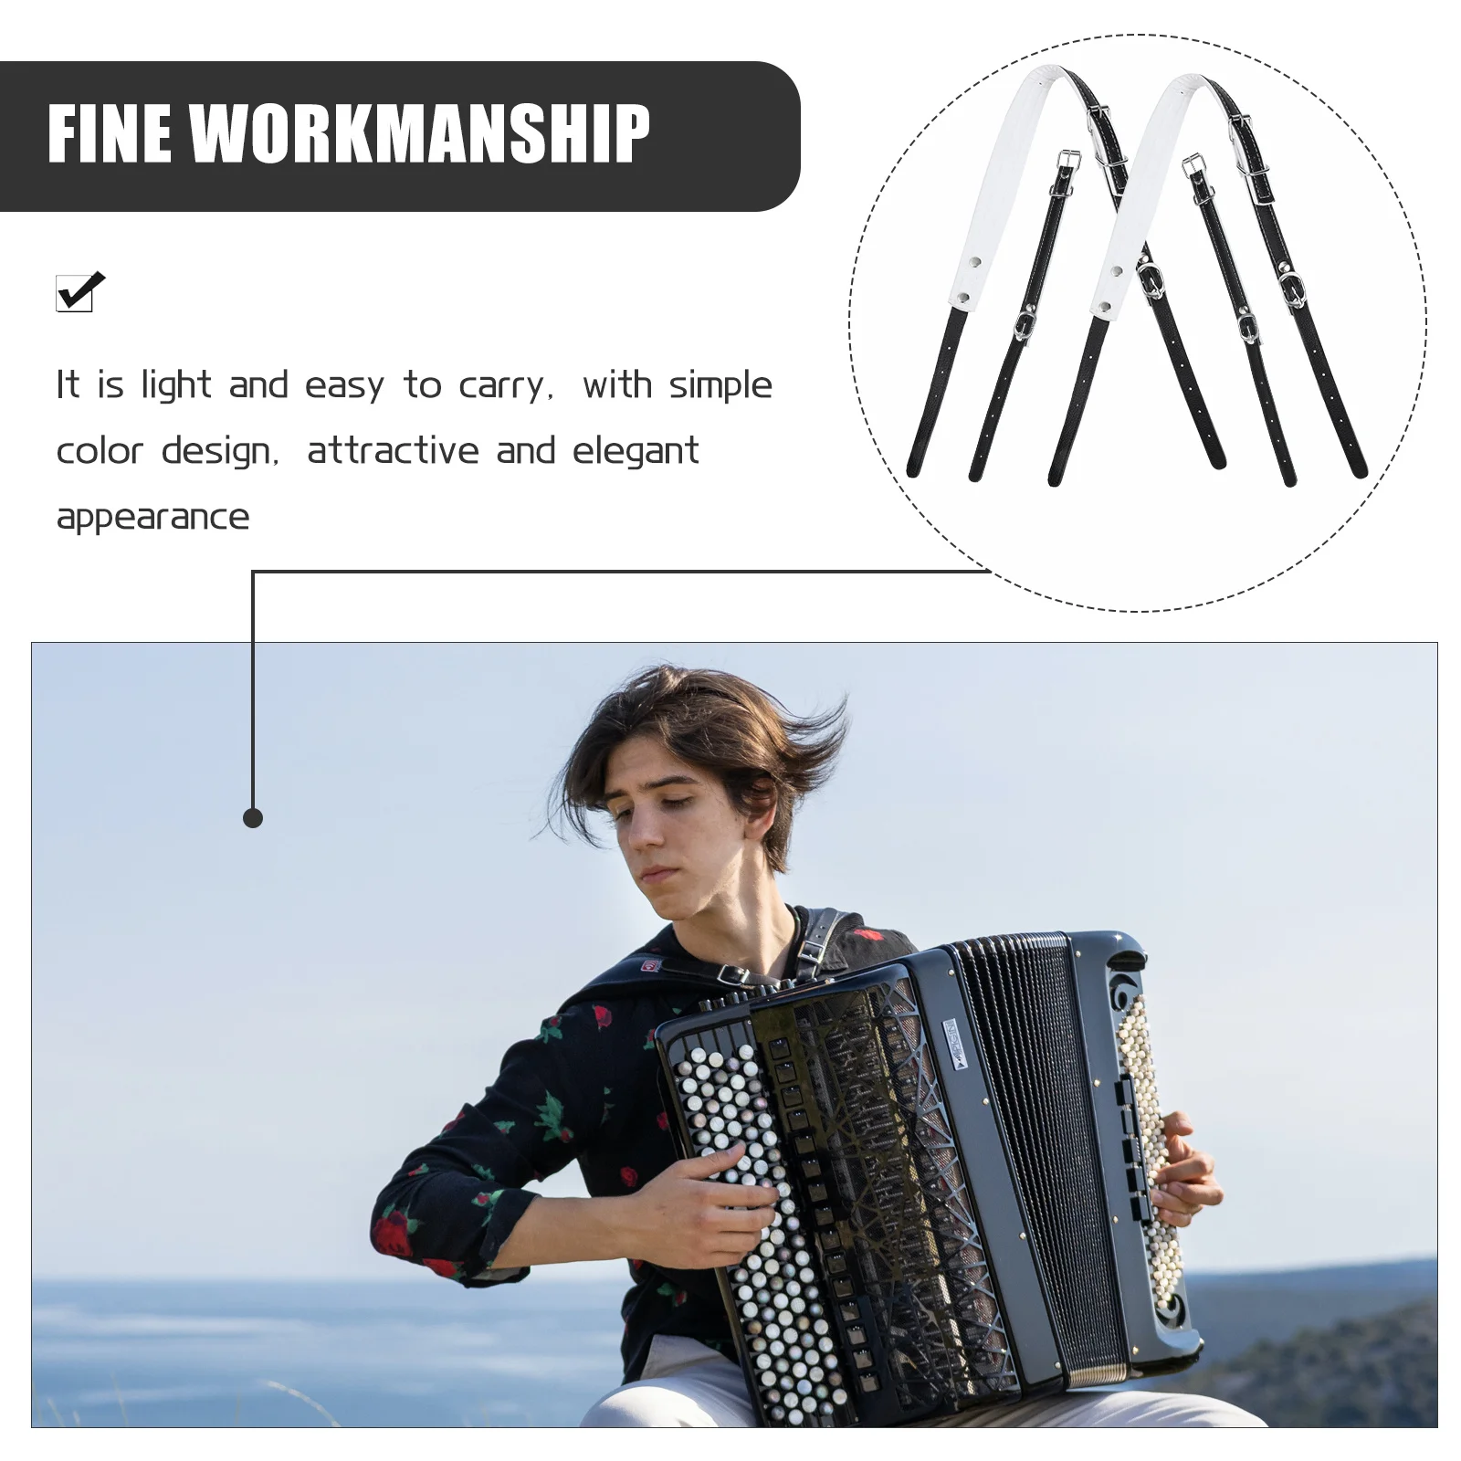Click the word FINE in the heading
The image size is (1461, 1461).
(x=110, y=133)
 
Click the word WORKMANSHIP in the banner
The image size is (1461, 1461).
(x=420, y=133)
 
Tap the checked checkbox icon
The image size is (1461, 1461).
(x=78, y=292)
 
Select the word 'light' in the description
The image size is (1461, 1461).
(x=176, y=385)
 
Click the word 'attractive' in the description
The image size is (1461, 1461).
(x=393, y=451)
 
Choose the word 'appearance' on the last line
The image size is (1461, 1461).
(x=152, y=517)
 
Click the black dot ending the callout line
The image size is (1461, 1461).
(x=253, y=818)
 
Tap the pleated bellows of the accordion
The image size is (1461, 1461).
(x=1041, y=1141)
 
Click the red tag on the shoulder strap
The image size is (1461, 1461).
(x=650, y=965)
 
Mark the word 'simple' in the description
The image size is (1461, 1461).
(x=720, y=385)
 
